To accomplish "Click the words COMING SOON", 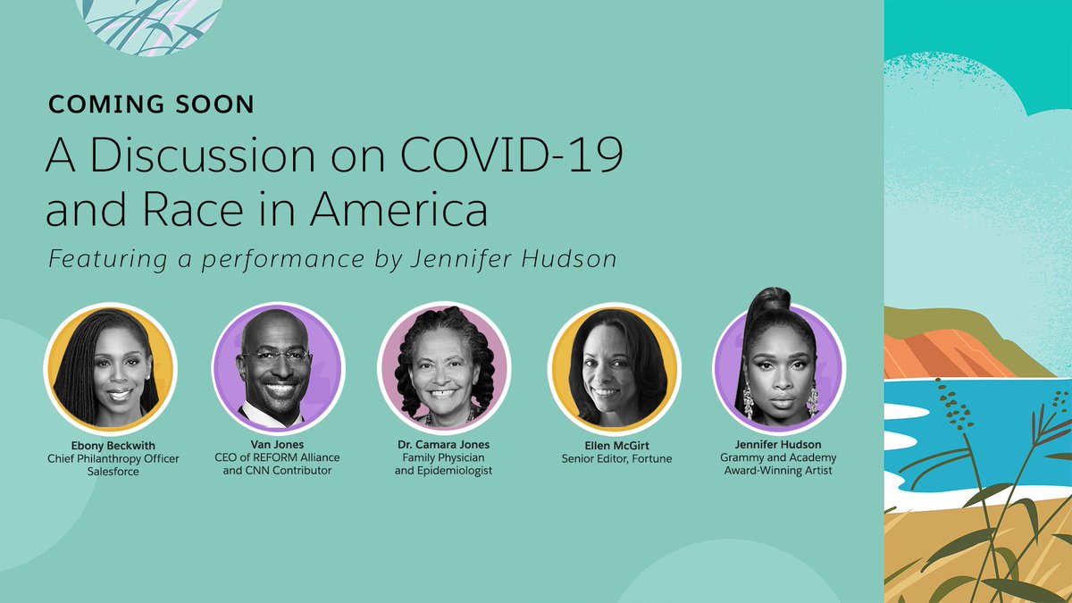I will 151,105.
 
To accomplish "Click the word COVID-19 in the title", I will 500,158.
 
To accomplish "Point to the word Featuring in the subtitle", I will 98,260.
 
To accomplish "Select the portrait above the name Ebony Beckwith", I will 110,367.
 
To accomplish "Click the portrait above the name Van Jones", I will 278,367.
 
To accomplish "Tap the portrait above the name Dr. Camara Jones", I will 444,367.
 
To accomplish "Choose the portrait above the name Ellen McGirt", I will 614,367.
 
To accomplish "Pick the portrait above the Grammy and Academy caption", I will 778,367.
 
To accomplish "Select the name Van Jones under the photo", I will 278,444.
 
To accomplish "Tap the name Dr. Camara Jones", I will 444,444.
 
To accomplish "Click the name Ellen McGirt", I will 614,444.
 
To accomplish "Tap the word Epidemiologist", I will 444,470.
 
